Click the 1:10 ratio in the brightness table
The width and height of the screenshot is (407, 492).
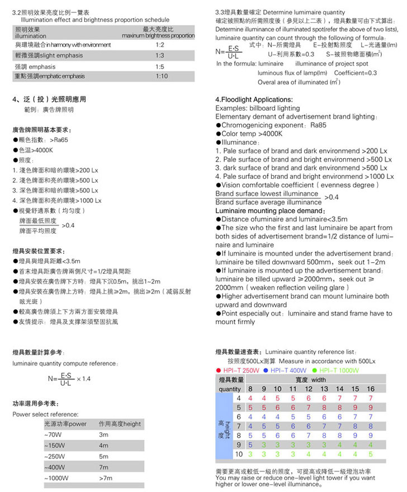162,76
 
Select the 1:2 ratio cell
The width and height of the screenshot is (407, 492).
160,44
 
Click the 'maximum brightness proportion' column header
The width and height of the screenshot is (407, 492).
159,35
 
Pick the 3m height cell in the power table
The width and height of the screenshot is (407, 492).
103,434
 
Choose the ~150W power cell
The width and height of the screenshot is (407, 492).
55,446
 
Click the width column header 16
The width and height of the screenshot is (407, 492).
371,389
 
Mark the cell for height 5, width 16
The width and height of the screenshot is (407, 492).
371,407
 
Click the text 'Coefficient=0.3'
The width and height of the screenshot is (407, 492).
356,73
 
